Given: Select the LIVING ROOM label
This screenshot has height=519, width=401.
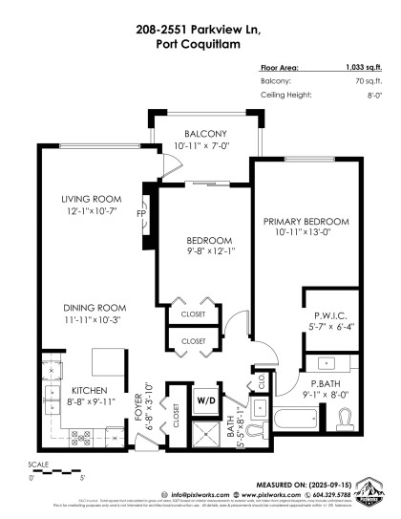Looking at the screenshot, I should point(88,200).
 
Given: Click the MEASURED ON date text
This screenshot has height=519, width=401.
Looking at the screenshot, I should point(311,486).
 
